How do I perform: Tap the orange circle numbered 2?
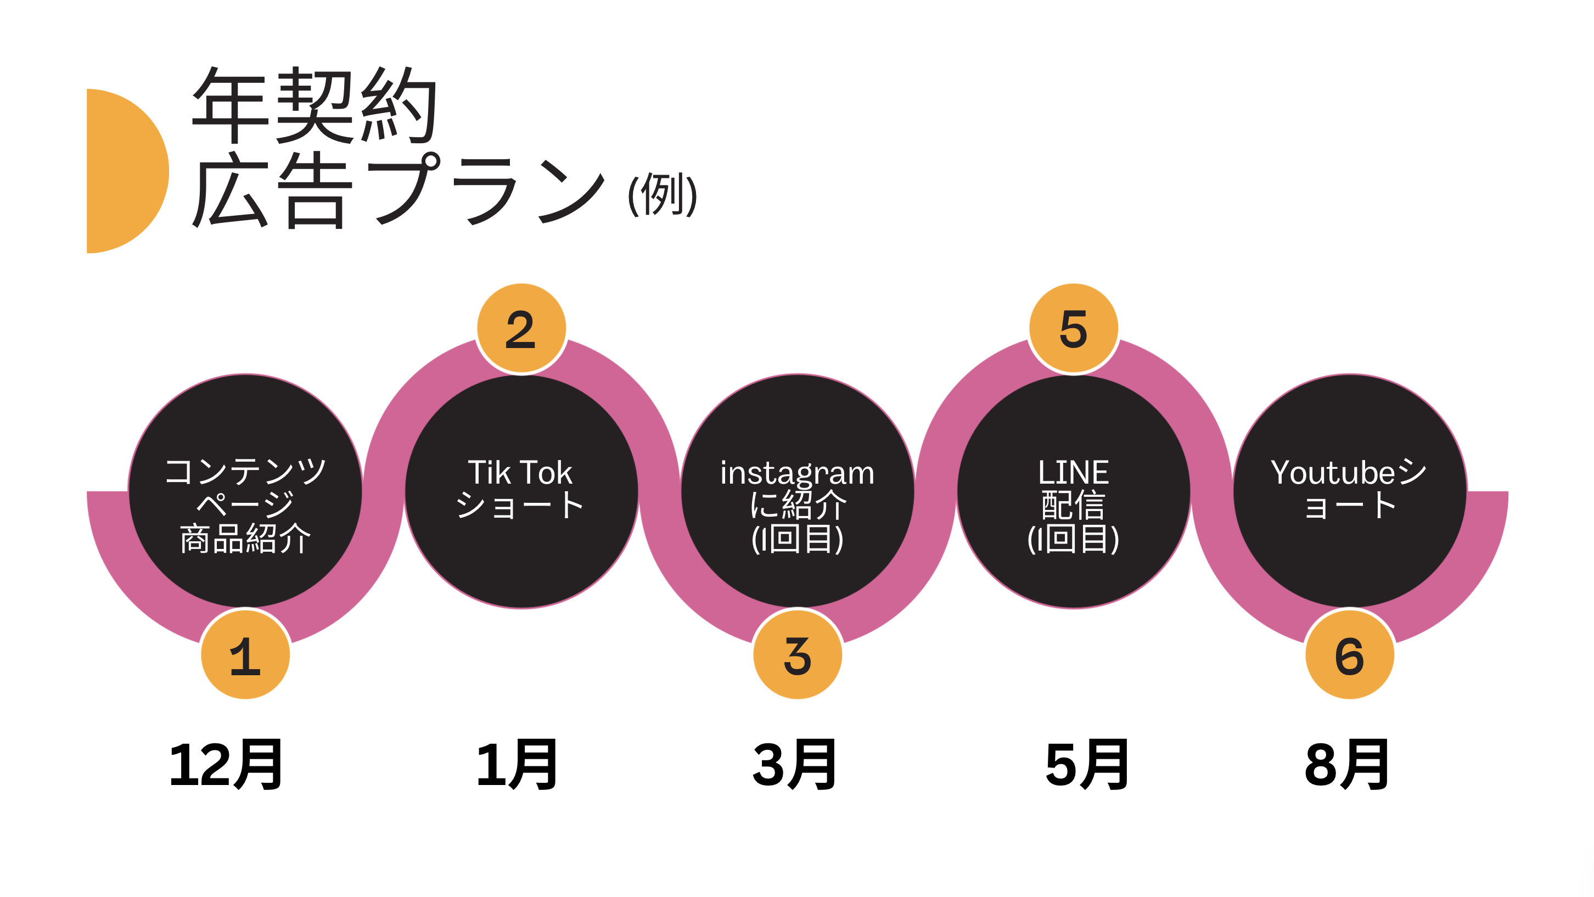521,328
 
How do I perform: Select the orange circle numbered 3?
797,655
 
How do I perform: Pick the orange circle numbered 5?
1073,328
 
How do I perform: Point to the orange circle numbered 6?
1349,655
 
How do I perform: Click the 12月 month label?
226,765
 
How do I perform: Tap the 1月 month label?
517,765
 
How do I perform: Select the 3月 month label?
794,765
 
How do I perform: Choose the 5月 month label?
1087,765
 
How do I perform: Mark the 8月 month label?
1347,765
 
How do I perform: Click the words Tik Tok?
520,473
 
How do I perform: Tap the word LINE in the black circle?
1073,473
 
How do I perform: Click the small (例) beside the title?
662,194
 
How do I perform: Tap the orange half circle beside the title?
124,171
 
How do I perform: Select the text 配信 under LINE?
1073,506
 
